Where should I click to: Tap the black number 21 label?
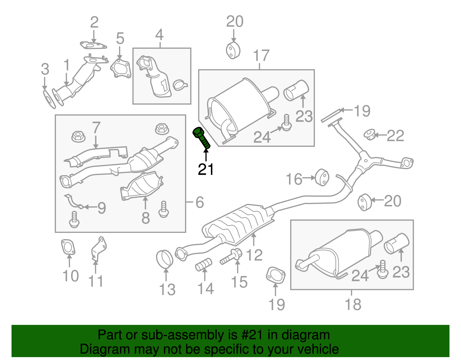pyautogui.click(x=206, y=169)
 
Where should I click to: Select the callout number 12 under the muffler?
pyautogui.click(x=254, y=255)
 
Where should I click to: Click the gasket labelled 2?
pyautogui.click(x=93, y=45)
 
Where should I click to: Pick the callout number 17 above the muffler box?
pyautogui.click(x=261, y=56)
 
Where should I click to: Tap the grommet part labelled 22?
pyautogui.click(x=369, y=135)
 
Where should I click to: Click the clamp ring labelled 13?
pyautogui.click(x=165, y=259)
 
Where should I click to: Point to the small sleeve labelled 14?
pyautogui.click(x=204, y=264)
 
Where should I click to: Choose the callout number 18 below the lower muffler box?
pyautogui.click(x=353, y=304)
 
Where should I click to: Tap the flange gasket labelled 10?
pyautogui.click(x=68, y=247)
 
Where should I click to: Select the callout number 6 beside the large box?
pyautogui.click(x=199, y=202)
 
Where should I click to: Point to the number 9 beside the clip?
pyautogui.click(x=101, y=208)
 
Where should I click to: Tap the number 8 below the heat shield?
pyautogui.click(x=146, y=218)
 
